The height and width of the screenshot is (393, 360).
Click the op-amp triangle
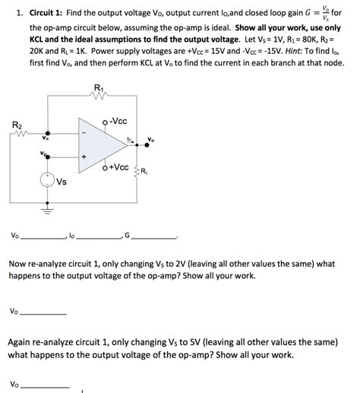click(103, 145)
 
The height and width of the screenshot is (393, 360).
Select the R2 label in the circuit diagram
click(17, 125)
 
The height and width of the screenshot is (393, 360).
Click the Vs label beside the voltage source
click(62, 182)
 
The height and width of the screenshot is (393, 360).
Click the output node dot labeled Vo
click(137, 145)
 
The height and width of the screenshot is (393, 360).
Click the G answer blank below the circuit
click(156, 238)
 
